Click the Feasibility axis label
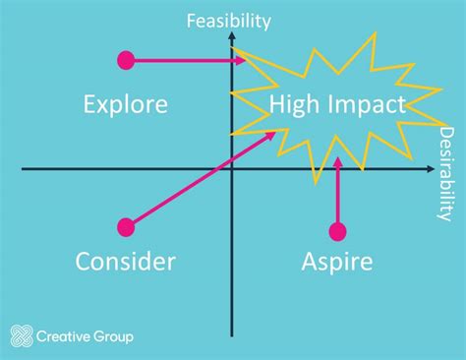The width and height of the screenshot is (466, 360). click(229, 19)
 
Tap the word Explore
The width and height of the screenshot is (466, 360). click(126, 103)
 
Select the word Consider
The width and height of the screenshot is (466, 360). click(126, 261)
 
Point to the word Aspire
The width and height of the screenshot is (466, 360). click(337, 262)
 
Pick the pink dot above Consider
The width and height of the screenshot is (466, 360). click(126, 227)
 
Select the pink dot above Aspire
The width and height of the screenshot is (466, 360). click(337, 232)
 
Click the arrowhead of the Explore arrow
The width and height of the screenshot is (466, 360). click(241, 61)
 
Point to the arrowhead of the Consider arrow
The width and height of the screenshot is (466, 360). click(272, 136)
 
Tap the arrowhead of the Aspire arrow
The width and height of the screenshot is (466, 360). click(337, 161)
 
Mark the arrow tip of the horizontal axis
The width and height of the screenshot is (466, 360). click(433, 169)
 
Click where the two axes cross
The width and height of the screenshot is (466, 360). click(232, 169)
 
